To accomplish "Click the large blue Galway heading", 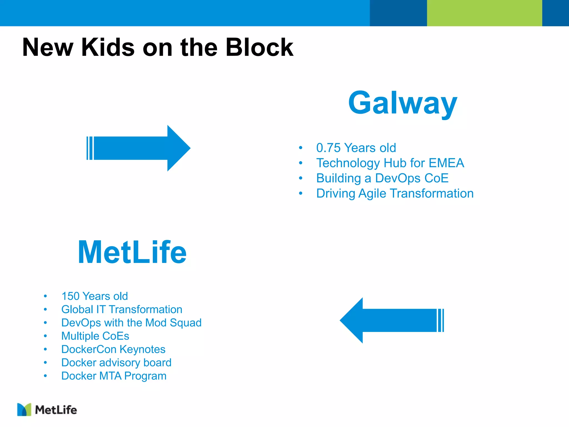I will (403, 103).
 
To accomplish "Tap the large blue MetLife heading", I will (132, 252).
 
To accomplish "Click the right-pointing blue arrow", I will (139, 148).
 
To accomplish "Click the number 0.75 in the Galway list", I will (328, 148).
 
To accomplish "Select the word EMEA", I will (446, 163).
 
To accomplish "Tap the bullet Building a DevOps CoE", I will (382, 178).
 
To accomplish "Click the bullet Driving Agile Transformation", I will (395, 193).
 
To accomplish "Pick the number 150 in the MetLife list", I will (70, 296).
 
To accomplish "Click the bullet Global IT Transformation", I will (122, 309).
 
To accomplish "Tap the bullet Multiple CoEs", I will (95, 336).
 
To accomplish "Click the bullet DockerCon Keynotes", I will (113, 349).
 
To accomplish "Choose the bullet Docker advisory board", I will (116, 363).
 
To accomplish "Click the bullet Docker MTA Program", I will (114, 376).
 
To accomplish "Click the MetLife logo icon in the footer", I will (24, 409).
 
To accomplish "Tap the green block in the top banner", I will (484, 13).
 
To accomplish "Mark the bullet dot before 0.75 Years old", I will (300, 148).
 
